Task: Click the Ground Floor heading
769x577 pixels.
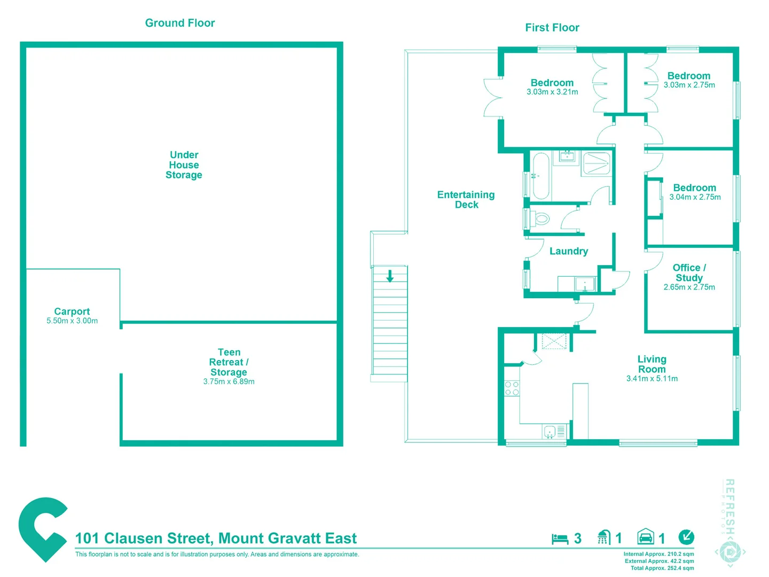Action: [180, 23]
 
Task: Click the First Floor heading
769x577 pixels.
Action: [552, 28]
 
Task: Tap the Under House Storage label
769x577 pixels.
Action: [184, 165]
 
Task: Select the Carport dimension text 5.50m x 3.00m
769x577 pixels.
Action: [72, 321]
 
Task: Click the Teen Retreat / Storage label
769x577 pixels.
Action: [229, 362]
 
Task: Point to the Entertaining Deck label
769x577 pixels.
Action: [466, 199]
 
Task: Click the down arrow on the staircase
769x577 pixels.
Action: [390, 276]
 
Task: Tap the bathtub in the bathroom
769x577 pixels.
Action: [540, 176]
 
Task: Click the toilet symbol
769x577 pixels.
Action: [541, 219]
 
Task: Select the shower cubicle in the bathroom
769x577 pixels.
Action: [596, 163]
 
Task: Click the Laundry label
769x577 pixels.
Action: [569, 251]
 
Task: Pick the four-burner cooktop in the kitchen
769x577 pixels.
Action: [512, 388]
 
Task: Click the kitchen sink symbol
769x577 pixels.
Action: [550, 432]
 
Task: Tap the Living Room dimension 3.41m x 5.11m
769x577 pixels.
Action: [652, 379]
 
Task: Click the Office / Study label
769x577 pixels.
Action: [689, 272]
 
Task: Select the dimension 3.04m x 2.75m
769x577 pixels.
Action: [695, 197]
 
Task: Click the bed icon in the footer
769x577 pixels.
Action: [560, 539]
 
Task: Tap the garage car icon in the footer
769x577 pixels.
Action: [646, 537]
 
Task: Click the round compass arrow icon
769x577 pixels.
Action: [686, 536]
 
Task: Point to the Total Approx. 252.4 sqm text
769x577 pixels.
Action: [662, 568]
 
